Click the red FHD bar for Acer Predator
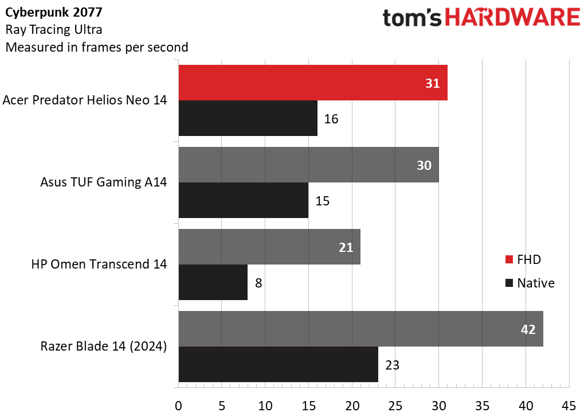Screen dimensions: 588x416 [x=313, y=83]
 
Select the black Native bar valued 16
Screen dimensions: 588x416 [x=248, y=118]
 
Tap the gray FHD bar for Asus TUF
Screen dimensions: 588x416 [x=309, y=165]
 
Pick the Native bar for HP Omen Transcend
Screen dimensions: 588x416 [x=213, y=282]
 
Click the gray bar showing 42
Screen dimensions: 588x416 [x=360, y=329]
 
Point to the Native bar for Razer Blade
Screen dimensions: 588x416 [x=279, y=364]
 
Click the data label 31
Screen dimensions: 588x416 [x=432, y=83]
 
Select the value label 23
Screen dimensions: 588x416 [x=392, y=365]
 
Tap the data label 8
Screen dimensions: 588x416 [x=258, y=283]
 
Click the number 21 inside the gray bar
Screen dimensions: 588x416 [x=346, y=247]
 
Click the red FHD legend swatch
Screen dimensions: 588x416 [x=509, y=259]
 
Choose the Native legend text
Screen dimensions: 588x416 [x=536, y=283]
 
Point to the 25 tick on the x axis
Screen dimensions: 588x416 [x=395, y=406]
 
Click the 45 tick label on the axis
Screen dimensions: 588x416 [x=569, y=406]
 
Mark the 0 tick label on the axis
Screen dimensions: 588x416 [x=178, y=406]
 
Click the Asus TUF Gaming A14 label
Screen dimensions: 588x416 [x=104, y=182]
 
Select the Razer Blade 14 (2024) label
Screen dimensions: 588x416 [x=104, y=346]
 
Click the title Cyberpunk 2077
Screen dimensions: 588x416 [x=54, y=13]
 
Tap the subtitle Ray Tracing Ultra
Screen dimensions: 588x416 [x=54, y=30]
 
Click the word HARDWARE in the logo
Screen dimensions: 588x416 [x=512, y=17]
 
